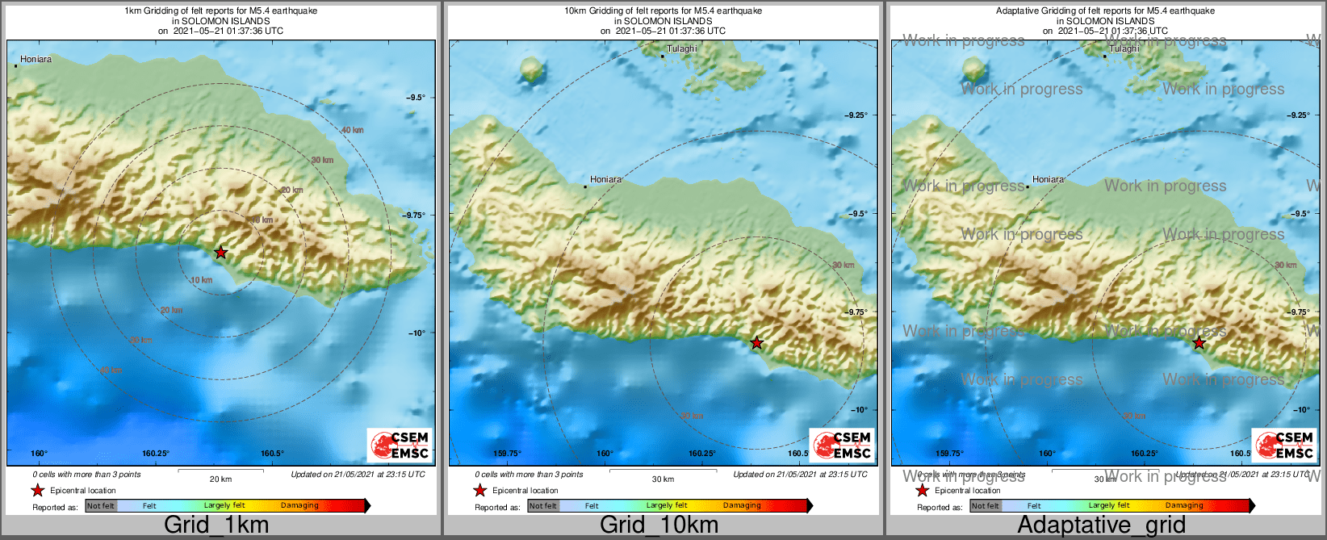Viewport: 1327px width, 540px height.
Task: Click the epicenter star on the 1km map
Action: [221, 253]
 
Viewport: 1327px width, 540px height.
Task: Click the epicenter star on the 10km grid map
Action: [756, 343]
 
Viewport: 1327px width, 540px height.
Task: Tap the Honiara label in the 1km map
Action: [36, 59]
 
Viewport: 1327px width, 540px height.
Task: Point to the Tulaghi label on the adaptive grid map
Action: [1124, 48]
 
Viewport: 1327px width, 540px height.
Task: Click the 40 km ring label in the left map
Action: [352, 130]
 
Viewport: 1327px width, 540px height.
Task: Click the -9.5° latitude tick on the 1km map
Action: [417, 97]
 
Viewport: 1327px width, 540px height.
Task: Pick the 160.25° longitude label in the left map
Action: [156, 454]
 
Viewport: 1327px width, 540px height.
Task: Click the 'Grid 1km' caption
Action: [216, 525]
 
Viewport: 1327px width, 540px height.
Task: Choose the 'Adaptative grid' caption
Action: [1101, 525]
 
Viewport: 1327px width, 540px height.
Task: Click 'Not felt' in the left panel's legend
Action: [101, 506]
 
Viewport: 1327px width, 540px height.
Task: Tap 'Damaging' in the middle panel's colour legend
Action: [742, 506]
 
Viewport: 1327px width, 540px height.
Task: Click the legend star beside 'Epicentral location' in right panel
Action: [922, 490]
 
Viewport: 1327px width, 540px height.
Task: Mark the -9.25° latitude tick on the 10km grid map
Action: [857, 115]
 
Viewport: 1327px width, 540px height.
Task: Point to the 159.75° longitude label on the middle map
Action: [508, 454]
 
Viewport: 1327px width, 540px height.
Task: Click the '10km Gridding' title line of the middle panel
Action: [663, 11]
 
